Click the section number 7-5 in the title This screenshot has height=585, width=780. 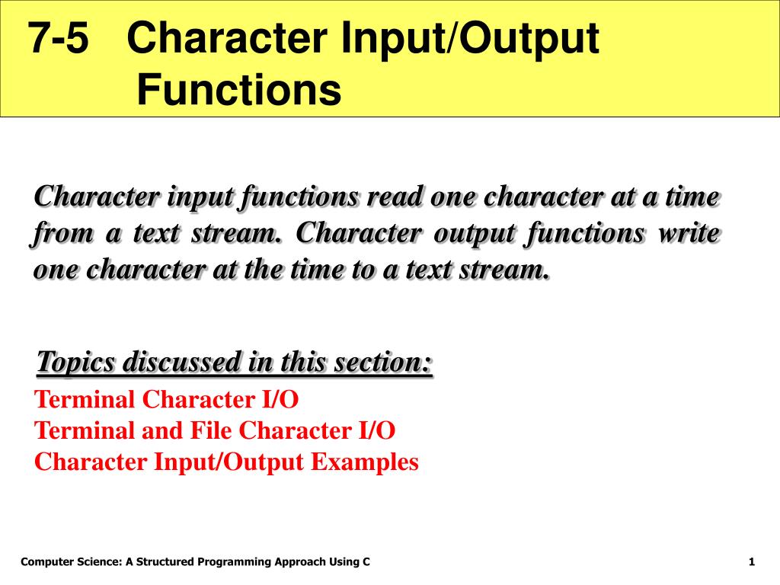(x=58, y=37)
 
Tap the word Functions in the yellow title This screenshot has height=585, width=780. (x=238, y=90)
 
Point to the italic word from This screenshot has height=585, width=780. (x=62, y=234)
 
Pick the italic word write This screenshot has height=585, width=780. (x=689, y=233)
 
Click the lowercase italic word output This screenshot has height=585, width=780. (x=475, y=234)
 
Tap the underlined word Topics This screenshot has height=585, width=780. (x=75, y=362)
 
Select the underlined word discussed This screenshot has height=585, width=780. (x=182, y=362)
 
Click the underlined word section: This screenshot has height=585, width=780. (x=383, y=362)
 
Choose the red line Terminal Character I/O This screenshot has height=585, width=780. (x=166, y=399)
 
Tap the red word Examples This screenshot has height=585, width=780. (x=365, y=462)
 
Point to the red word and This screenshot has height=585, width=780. (x=162, y=430)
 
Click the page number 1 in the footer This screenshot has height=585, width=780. (x=752, y=562)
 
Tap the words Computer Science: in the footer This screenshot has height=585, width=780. (x=72, y=562)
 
